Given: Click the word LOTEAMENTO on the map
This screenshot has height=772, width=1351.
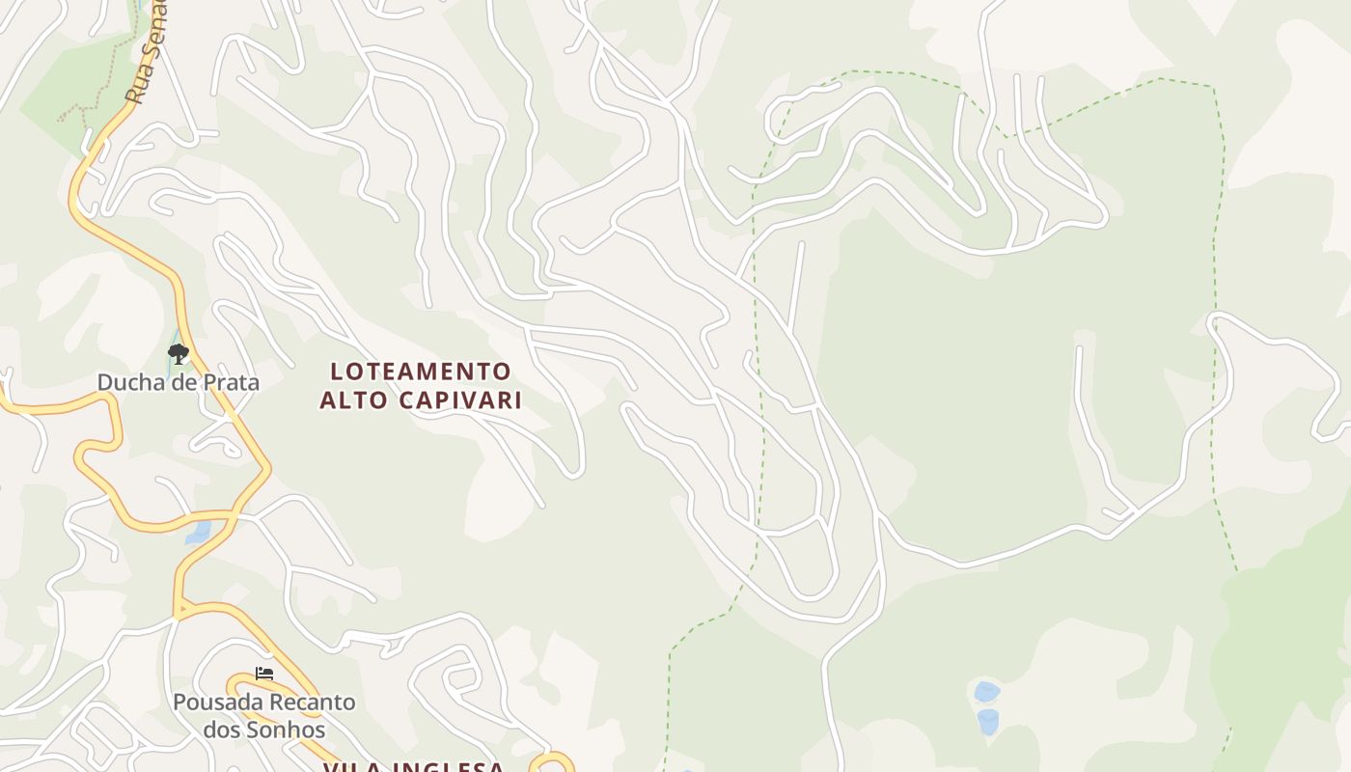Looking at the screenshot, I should tap(421, 372).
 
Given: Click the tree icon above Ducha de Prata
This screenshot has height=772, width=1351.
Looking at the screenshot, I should tap(178, 354).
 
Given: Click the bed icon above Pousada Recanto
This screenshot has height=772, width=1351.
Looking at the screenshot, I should tap(264, 673).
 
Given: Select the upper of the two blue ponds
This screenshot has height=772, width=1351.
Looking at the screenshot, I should tap(986, 692).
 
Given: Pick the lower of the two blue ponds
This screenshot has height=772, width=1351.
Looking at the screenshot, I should tap(987, 721).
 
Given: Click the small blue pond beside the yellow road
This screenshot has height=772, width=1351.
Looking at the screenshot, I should tap(198, 532).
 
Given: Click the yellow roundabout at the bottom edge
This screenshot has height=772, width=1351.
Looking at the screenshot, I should tap(552, 765).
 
